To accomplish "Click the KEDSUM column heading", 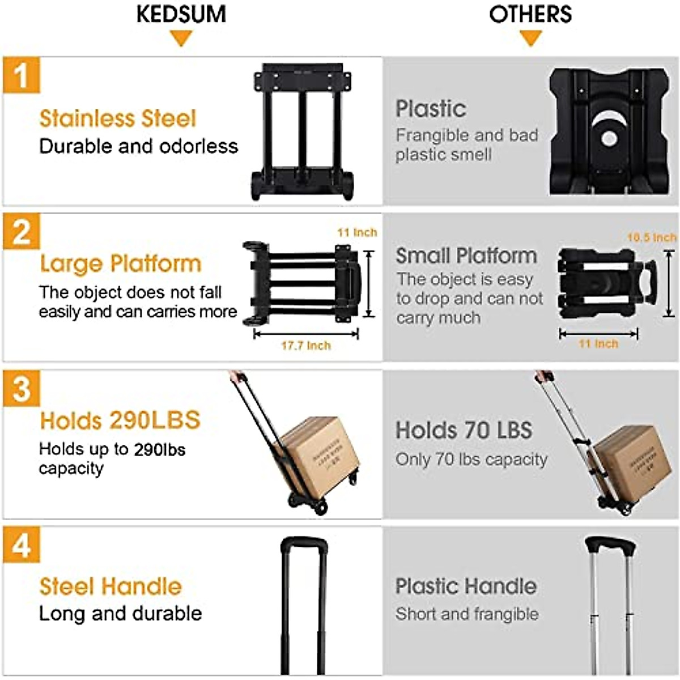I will click(x=181, y=14).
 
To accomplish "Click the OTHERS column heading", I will click(x=530, y=14).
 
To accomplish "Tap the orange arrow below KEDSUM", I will click(x=181, y=39).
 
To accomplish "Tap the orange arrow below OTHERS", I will click(x=530, y=39).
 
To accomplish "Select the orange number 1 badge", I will click(x=22, y=75).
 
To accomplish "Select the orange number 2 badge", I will click(x=22, y=231).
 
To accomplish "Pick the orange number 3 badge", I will click(x=22, y=389).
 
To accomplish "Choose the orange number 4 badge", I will click(x=22, y=545).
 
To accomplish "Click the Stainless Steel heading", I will click(x=117, y=118).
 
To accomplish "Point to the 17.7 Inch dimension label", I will click(x=306, y=346).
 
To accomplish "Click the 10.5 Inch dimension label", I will click(x=652, y=237).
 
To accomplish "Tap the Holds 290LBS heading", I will click(x=120, y=420).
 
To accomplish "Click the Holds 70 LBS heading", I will click(x=464, y=430).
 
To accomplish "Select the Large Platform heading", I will click(x=121, y=264).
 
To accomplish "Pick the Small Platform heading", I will click(x=466, y=256).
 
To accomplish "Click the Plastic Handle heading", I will click(x=466, y=586).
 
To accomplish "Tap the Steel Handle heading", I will click(x=110, y=586).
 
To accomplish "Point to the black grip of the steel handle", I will click(x=304, y=544).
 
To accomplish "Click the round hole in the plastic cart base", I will click(x=609, y=138).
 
